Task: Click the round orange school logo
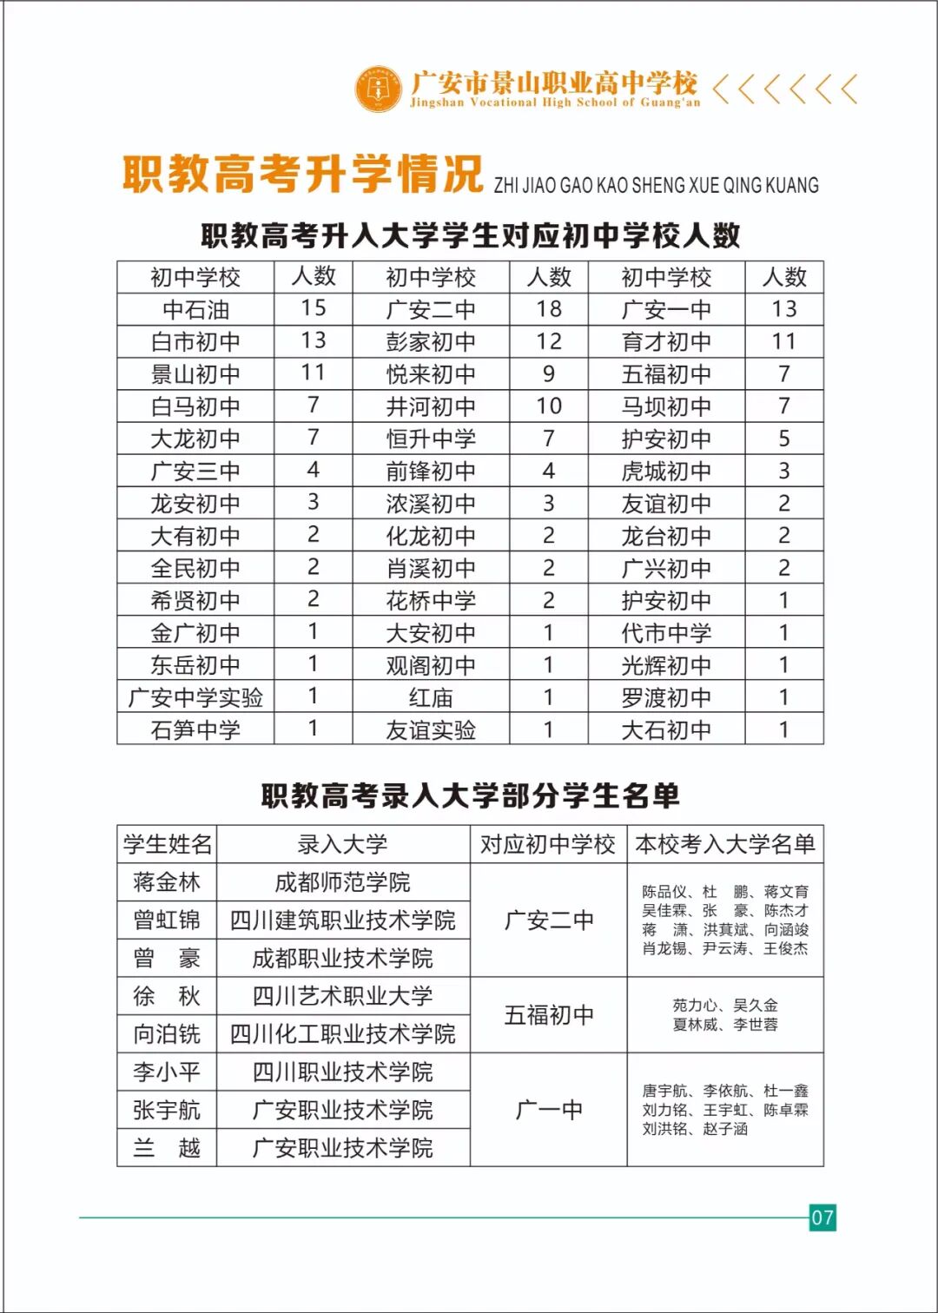click(379, 88)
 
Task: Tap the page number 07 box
click(822, 1217)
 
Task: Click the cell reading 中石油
click(195, 310)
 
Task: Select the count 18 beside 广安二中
click(549, 309)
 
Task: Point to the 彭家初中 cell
click(431, 342)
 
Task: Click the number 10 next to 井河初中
click(549, 406)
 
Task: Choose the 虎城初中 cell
click(666, 472)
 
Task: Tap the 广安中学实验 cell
click(195, 697)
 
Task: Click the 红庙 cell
click(431, 697)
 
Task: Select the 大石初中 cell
click(666, 730)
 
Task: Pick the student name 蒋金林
click(167, 882)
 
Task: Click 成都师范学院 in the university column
click(343, 882)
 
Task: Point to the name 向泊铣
click(167, 1034)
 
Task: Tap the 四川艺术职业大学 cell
click(343, 996)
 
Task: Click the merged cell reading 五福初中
click(549, 1015)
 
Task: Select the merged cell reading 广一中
click(549, 1110)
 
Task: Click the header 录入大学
click(343, 844)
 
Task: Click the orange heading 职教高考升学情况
click(302, 174)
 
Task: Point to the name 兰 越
click(167, 1148)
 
